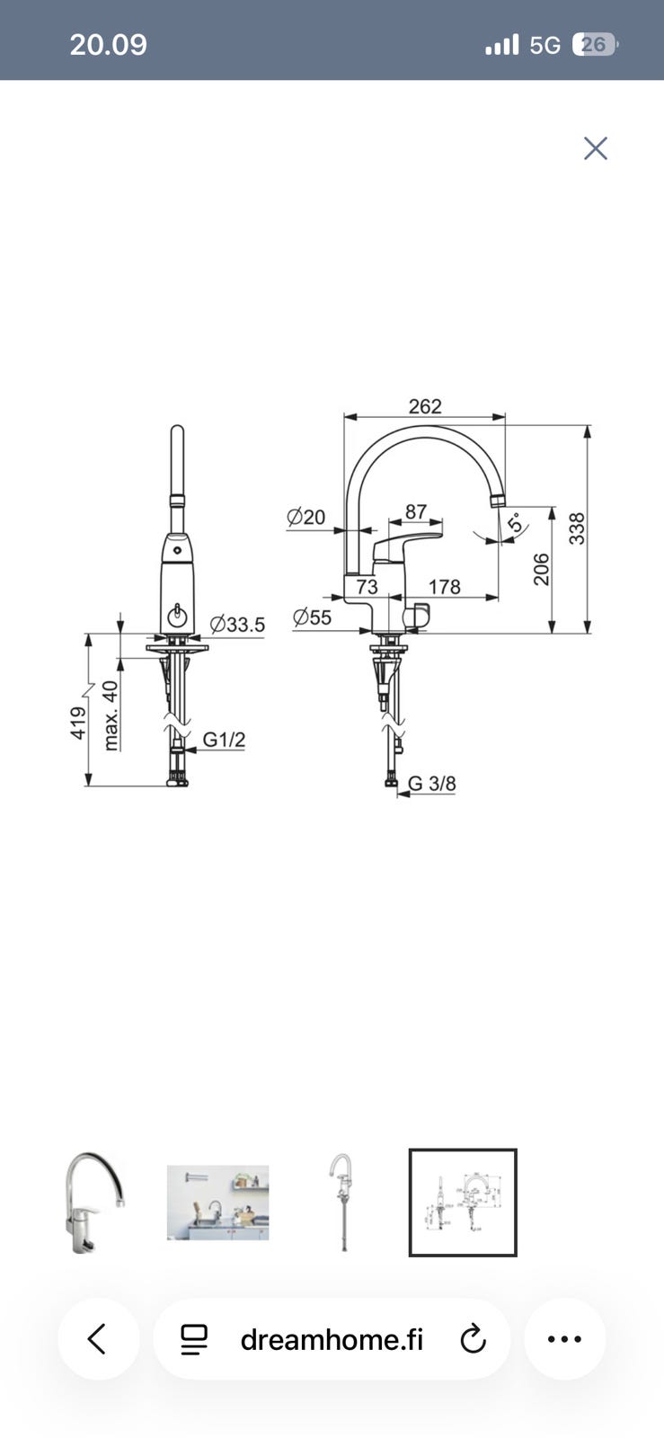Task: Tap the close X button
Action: point(596,148)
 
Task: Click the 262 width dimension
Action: point(425,406)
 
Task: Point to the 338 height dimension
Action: point(577,528)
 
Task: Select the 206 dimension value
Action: point(542,570)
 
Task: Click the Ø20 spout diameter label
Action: point(306,517)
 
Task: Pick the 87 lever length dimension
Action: point(416,511)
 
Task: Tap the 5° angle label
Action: point(515,522)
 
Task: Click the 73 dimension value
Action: point(367,587)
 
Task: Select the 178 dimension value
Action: point(444,587)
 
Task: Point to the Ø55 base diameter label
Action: point(312,617)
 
